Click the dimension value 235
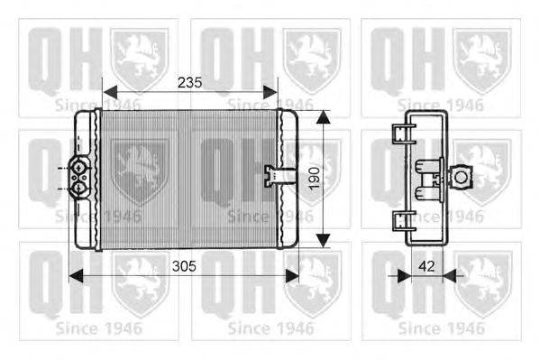pyautogui.click(x=188, y=82)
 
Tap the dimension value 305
pyautogui.click(x=185, y=266)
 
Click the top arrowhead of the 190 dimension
pyautogui.click(x=324, y=116)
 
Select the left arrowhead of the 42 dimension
pyautogui.click(x=405, y=274)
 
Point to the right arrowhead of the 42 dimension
pyautogui.click(x=452, y=274)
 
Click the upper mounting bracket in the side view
pyautogui.click(x=398, y=134)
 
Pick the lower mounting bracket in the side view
pyautogui.click(x=398, y=219)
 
